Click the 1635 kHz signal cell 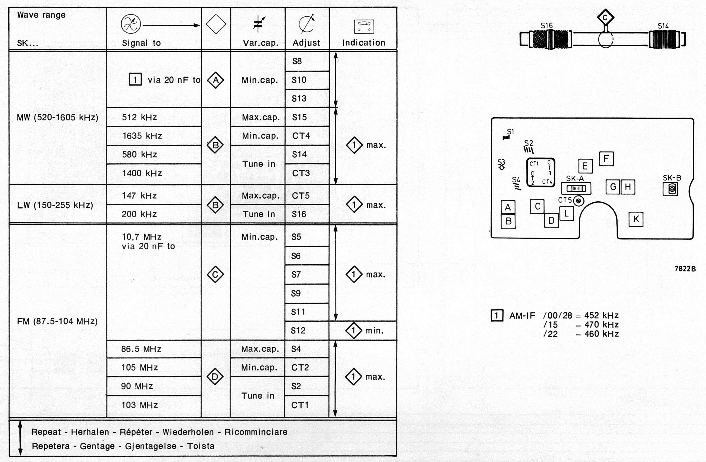pyautogui.click(x=142, y=136)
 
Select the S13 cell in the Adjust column pyautogui.click(x=299, y=99)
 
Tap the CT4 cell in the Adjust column pyautogui.click(x=301, y=136)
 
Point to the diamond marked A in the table pyautogui.click(x=216, y=80)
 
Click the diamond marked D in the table pyautogui.click(x=215, y=377)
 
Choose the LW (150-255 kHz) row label pyautogui.click(x=55, y=205)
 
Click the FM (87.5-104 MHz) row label pyautogui.click(x=57, y=321)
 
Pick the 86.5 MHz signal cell pyautogui.click(x=141, y=349)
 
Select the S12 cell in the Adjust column pyautogui.click(x=298, y=331)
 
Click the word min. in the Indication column pyautogui.click(x=375, y=331)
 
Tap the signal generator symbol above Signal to pyautogui.click(x=131, y=24)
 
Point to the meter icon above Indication pyautogui.click(x=364, y=26)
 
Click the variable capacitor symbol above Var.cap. pyautogui.click(x=258, y=24)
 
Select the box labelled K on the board pyautogui.click(x=636, y=219)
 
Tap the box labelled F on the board pyautogui.click(x=606, y=159)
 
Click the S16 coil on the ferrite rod pyautogui.click(x=551, y=39)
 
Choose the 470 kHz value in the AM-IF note pyautogui.click(x=601, y=325)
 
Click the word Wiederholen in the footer pyautogui.click(x=188, y=432)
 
